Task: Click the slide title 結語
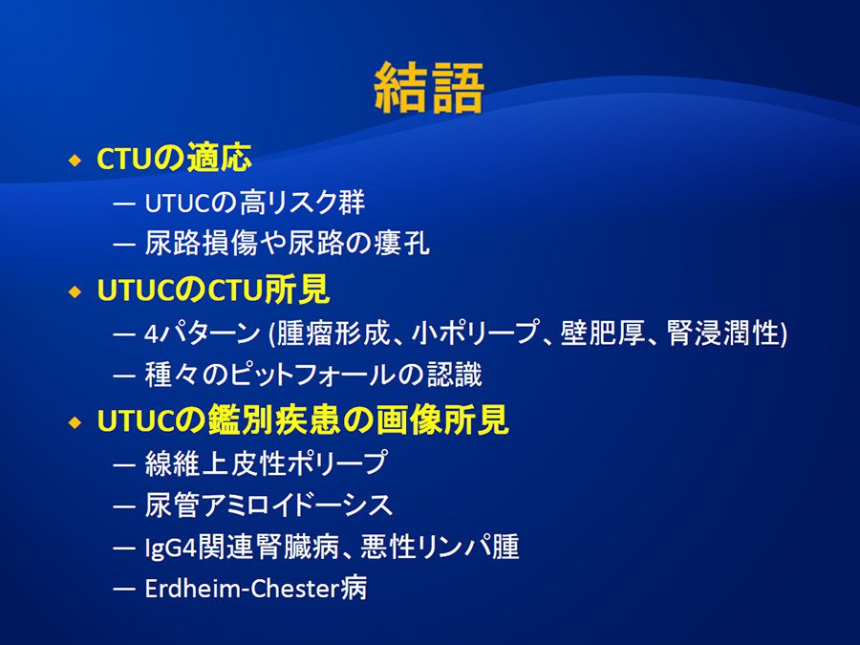pos(429,88)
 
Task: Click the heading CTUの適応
pos(174,159)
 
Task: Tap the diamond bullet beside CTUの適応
pos(75,161)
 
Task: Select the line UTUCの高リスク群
pos(254,203)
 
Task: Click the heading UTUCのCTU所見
pos(213,290)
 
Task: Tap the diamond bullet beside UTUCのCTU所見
pos(75,291)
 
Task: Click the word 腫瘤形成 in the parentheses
pos(333,333)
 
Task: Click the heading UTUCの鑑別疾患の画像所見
pos(303,420)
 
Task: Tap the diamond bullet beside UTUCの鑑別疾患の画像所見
pos(75,423)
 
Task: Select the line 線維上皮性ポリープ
pos(267,462)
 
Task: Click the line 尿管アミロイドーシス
pos(269,505)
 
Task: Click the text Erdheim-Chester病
pos(255,589)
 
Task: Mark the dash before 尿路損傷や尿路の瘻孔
pos(124,244)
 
